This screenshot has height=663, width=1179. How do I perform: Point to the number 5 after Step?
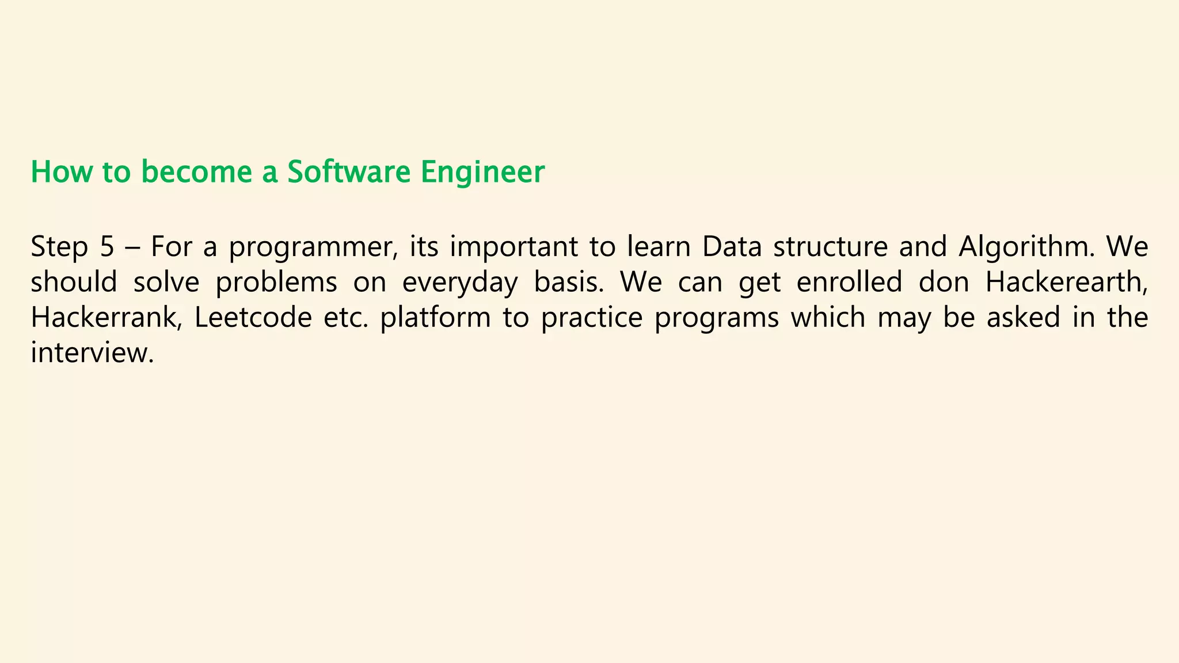(108, 246)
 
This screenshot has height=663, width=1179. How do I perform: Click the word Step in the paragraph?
(59, 246)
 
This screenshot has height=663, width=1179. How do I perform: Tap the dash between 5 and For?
(132, 247)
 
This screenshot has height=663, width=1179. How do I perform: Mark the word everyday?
(459, 283)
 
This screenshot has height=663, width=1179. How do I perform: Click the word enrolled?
(849, 281)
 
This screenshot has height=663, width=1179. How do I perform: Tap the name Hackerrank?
(107, 317)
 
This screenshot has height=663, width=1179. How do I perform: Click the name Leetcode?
(253, 317)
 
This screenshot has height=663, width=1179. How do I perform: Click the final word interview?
(92, 352)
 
